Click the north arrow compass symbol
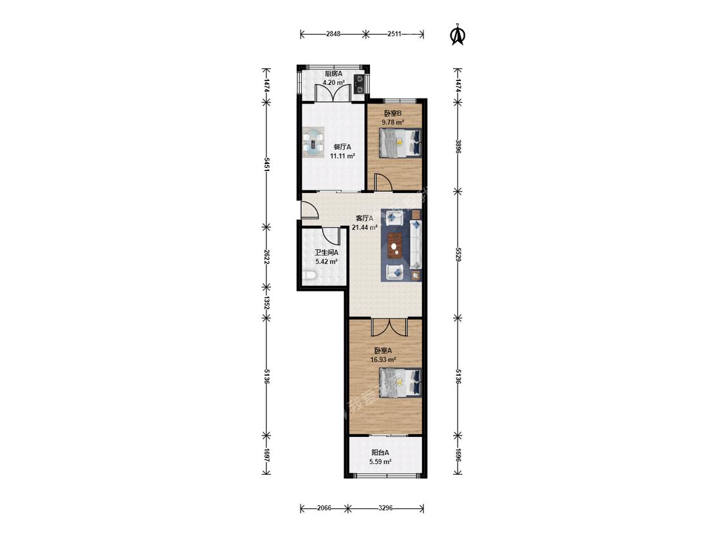[458, 35]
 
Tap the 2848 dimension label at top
[333, 33]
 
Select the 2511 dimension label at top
[394, 33]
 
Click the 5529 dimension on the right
[458, 254]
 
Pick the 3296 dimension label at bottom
[385, 508]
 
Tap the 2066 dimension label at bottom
[324, 508]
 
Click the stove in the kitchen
[358, 84]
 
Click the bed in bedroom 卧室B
[400, 143]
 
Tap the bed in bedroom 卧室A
[400, 383]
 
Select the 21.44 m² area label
[365, 227]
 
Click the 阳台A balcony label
[380, 452]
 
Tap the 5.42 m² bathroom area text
[326, 261]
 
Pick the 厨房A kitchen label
[333, 73]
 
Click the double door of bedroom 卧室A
[390, 326]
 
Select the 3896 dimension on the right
[458, 147]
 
